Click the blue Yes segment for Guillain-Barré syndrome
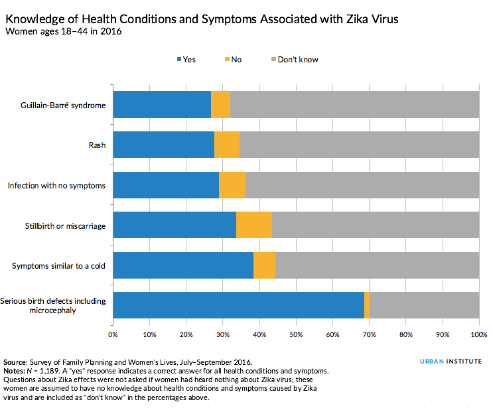tap(162, 105)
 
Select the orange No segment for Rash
tap(227, 145)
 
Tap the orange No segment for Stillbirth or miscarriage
tap(253, 225)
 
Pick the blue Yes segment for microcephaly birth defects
tap(238, 305)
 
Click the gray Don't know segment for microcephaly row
tap(425, 305)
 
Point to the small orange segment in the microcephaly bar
tap(367, 305)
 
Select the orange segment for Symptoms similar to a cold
tap(264, 265)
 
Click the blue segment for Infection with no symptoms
tap(166, 185)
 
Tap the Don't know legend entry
tap(292, 60)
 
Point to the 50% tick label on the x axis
tap(296, 334)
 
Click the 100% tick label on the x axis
tap(478, 334)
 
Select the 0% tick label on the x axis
tap(113, 334)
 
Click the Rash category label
tap(98, 145)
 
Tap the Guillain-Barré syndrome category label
tap(64, 105)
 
